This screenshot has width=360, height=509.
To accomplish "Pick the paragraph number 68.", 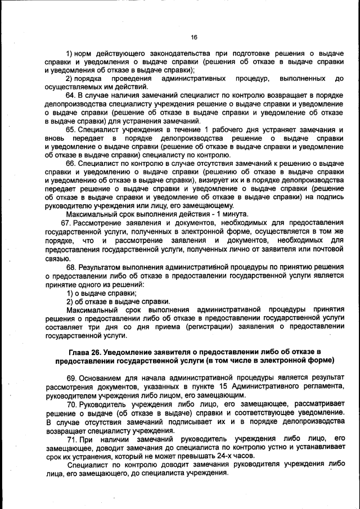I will [71, 267].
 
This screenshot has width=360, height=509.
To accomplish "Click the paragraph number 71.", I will [72, 438].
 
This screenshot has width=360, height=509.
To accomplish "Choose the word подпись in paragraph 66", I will [328, 197].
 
